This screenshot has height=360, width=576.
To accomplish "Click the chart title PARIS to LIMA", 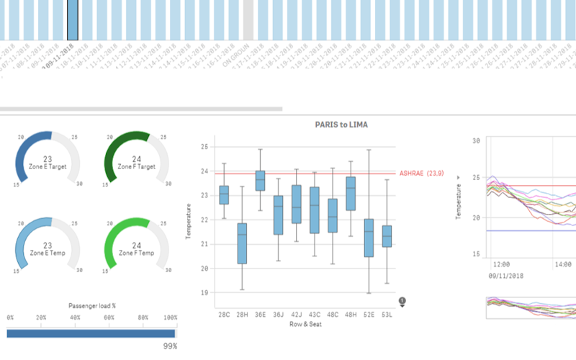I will click(341, 125).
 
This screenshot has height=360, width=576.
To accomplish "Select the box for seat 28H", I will click(242, 243).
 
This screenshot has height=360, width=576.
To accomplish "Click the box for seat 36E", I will click(260, 181).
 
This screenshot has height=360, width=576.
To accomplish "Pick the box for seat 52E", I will click(369, 238).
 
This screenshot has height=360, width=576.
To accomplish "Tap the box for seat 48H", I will click(351, 194).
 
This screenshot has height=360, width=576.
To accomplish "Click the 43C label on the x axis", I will click(315, 314).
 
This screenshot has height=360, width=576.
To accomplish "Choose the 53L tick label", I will click(387, 314).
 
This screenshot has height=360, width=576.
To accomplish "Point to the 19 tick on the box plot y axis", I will click(203, 293).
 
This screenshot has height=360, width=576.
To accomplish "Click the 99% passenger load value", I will click(170, 346).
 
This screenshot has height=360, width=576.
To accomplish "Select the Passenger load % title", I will click(92, 305).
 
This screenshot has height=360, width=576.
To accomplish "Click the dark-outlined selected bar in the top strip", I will click(73, 19).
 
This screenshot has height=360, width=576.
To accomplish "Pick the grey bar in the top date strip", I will click(248, 19).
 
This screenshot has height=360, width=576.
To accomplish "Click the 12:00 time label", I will click(502, 265).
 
